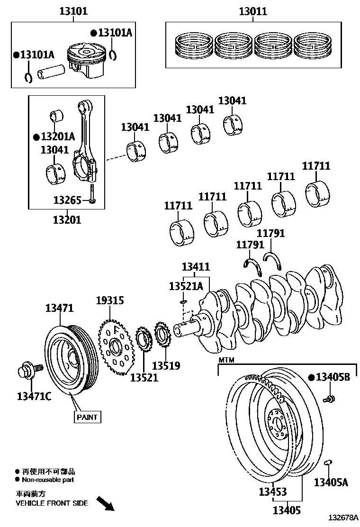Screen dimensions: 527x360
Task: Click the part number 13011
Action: click(x=253, y=11)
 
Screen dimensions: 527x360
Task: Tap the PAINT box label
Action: click(x=87, y=417)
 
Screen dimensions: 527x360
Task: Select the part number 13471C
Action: click(x=34, y=396)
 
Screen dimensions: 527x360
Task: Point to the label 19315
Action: click(x=110, y=300)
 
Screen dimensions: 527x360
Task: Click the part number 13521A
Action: click(x=186, y=286)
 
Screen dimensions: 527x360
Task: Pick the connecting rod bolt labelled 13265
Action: click(x=92, y=194)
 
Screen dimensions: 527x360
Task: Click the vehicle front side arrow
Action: click(x=106, y=503)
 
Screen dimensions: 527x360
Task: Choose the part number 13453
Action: click(x=273, y=491)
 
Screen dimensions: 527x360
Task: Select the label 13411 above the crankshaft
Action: click(x=196, y=267)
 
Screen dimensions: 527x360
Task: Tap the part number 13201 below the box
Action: click(x=67, y=219)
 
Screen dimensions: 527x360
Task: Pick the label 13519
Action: click(x=166, y=366)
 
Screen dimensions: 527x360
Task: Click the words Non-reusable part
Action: click(x=48, y=480)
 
